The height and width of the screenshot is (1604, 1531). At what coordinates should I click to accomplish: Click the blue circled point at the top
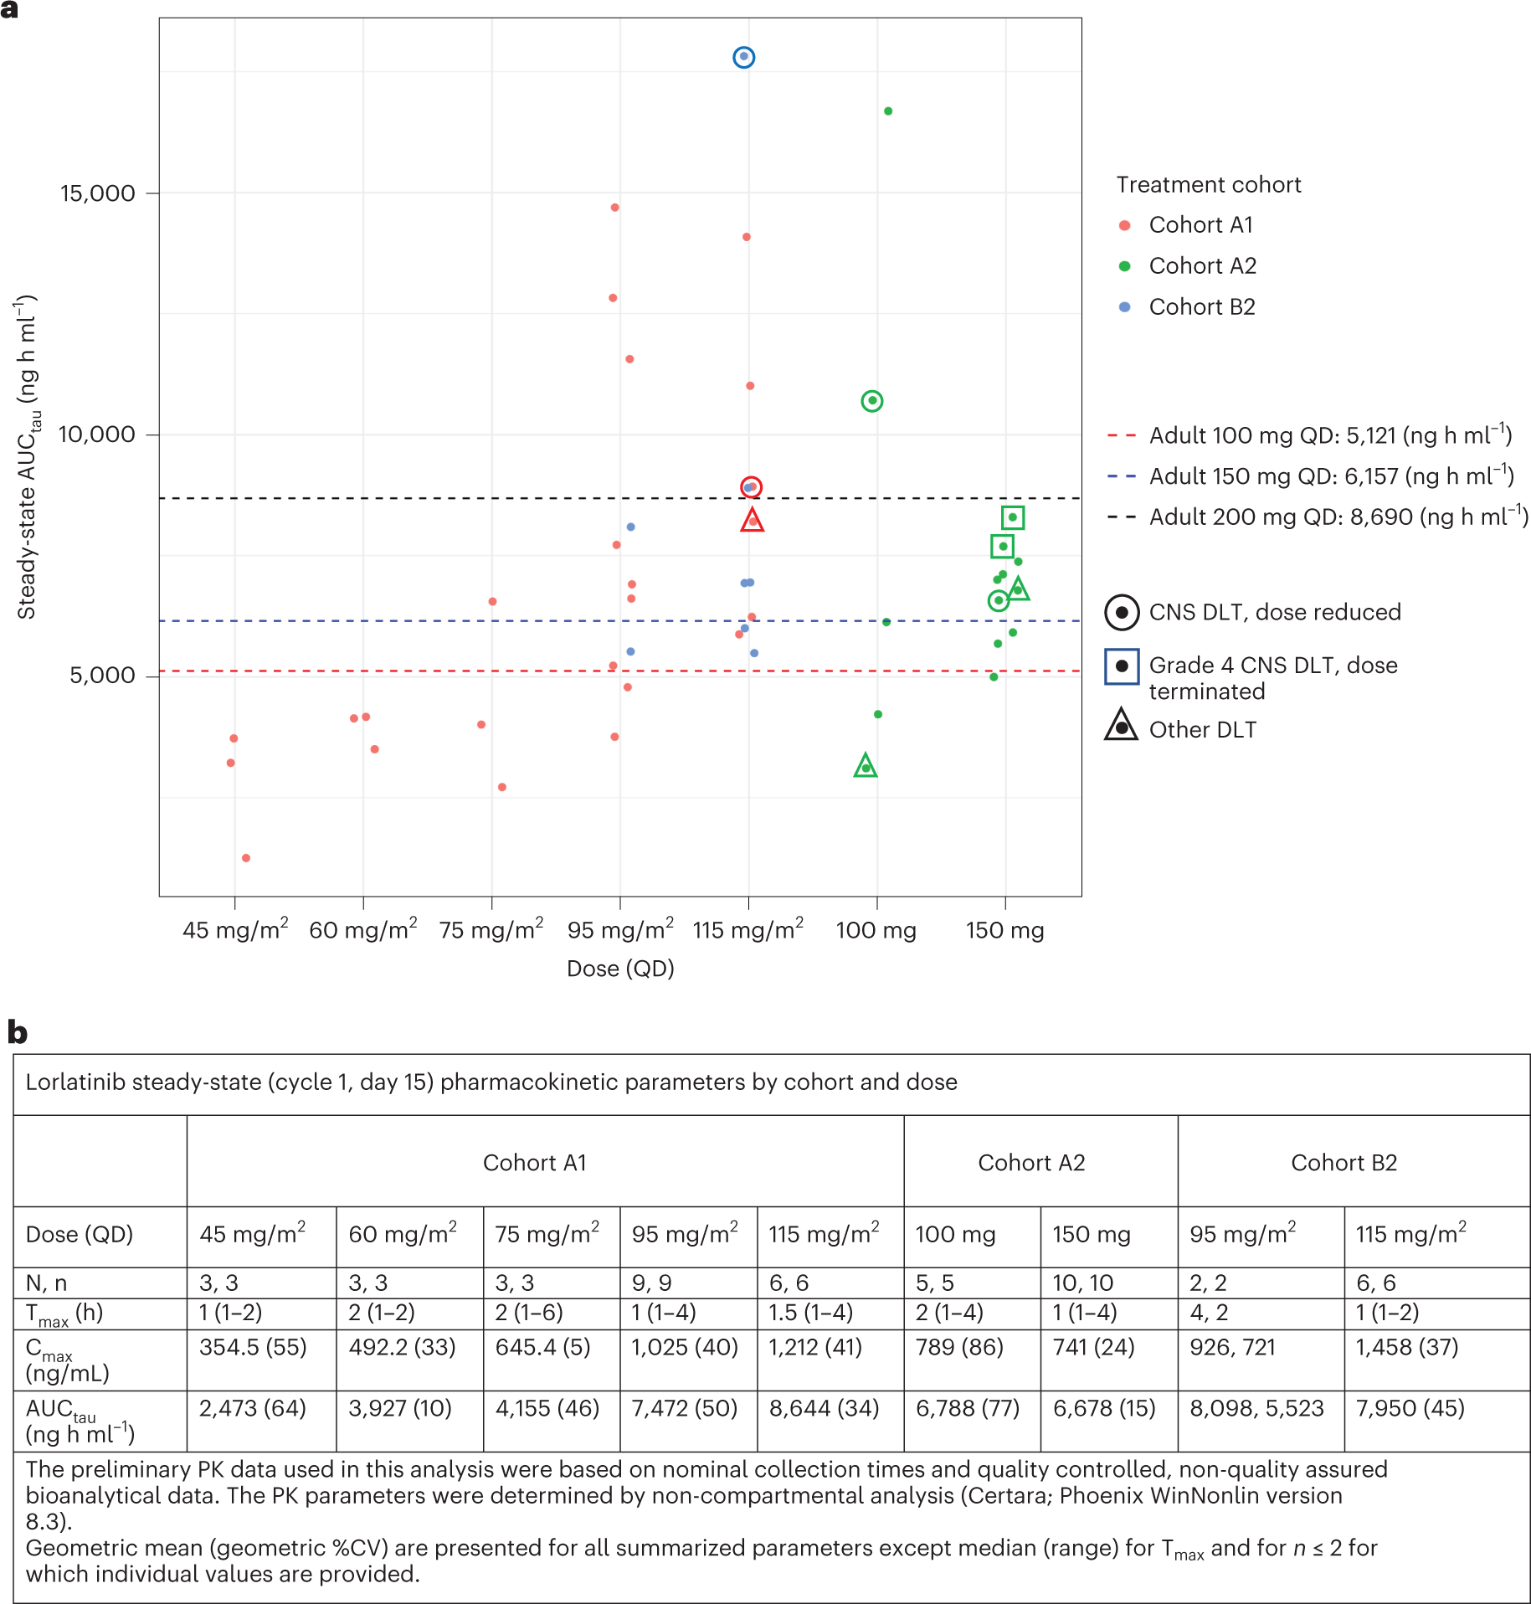(x=743, y=57)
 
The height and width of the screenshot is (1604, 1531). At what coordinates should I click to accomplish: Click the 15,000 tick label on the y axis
(x=98, y=193)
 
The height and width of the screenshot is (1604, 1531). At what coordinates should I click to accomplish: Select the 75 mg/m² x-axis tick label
(x=491, y=929)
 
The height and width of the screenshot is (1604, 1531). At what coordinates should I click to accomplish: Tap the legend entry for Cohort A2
(x=1201, y=266)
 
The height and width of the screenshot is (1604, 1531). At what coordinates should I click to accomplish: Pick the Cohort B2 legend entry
(x=1201, y=307)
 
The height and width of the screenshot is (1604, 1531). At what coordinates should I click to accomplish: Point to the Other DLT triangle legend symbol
(x=1121, y=726)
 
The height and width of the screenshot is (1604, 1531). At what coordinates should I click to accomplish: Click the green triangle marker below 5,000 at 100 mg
(x=866, y=766)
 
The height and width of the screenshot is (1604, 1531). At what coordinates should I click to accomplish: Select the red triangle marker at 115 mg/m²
(x=752, y=521)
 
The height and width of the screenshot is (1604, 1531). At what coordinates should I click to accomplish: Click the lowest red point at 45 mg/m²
(x=246, y=858)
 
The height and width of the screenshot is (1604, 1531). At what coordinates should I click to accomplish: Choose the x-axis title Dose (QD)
(x=620, y=969)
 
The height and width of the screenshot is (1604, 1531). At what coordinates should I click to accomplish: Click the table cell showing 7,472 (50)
(x=685, y=1408)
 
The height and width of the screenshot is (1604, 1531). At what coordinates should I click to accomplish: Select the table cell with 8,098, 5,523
(x=1256, y=1408)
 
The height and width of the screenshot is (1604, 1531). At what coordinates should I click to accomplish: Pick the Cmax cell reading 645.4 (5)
(x=542, y=1347)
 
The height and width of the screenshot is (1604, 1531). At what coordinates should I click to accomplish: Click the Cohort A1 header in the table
(x=535, y=1163)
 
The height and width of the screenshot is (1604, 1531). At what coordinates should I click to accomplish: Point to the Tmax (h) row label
(x=64, y=1314)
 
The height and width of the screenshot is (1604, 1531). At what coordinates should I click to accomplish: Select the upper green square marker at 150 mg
(x=1013, y=517)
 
